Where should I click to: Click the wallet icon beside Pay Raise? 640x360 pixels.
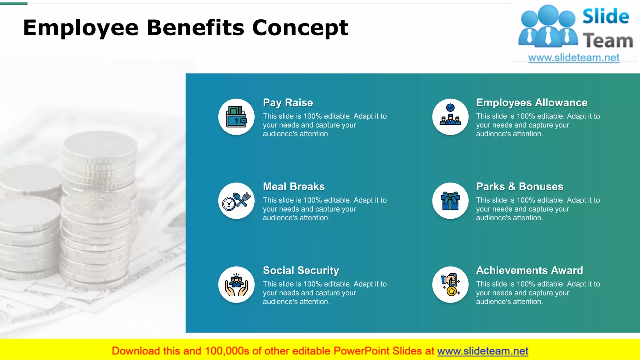pyautogui.click(x=236, y=117)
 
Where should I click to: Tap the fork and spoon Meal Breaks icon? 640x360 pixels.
pyautogui.click(x=236, y=201)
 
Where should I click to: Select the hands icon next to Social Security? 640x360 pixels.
pyautogui.click(x=236, y=285)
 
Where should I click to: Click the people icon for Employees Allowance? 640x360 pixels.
pyautogui.click(x=450, y=117)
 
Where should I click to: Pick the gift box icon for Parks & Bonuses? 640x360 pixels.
pyautogui.click(x=450, y=201)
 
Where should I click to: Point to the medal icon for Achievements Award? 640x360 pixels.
pyautogui.click(x=450, y=285)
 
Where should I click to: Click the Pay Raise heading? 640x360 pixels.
pyautogui.click(x=288, y=103)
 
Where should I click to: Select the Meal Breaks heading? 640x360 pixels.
pyautogui.click(x=294, y=187)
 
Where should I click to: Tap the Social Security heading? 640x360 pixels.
pyautogui.click(x=301, y=270)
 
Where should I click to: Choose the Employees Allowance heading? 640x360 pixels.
pyautogui.click(x=532, y=103)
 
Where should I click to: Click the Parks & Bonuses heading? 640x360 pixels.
pyautogui.click(x=520, y=187)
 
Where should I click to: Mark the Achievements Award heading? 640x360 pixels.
pyautogui.click(x=529, y=270)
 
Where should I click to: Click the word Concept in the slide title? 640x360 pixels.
pyautogui.click(x=300, y=28)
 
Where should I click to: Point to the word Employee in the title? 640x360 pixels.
pyautogui.click(x=81, y=28)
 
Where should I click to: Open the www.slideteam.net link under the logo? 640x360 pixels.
pyautogui.click(x=574, y=58)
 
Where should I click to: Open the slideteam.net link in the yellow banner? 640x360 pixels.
pyautogui.click(x=482, y=351)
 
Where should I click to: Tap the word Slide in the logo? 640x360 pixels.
pyautogui.click(x=606, y=17)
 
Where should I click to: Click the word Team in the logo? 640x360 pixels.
pyautogui.click(x=608, y=41)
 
